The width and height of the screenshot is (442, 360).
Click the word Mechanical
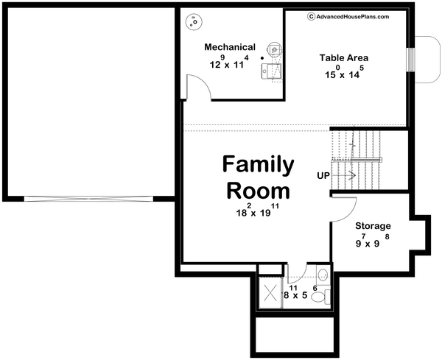231,47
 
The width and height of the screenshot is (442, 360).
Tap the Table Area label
343,57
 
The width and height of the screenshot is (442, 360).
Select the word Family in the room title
258,163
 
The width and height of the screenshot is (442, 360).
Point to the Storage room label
373,226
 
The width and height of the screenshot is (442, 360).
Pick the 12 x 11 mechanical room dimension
228,63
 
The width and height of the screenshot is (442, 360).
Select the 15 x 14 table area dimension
344,73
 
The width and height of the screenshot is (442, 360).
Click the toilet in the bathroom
320,297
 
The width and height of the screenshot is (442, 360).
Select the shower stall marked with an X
269,292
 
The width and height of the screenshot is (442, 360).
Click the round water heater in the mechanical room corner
194,24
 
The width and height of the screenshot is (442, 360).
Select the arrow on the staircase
351,175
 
